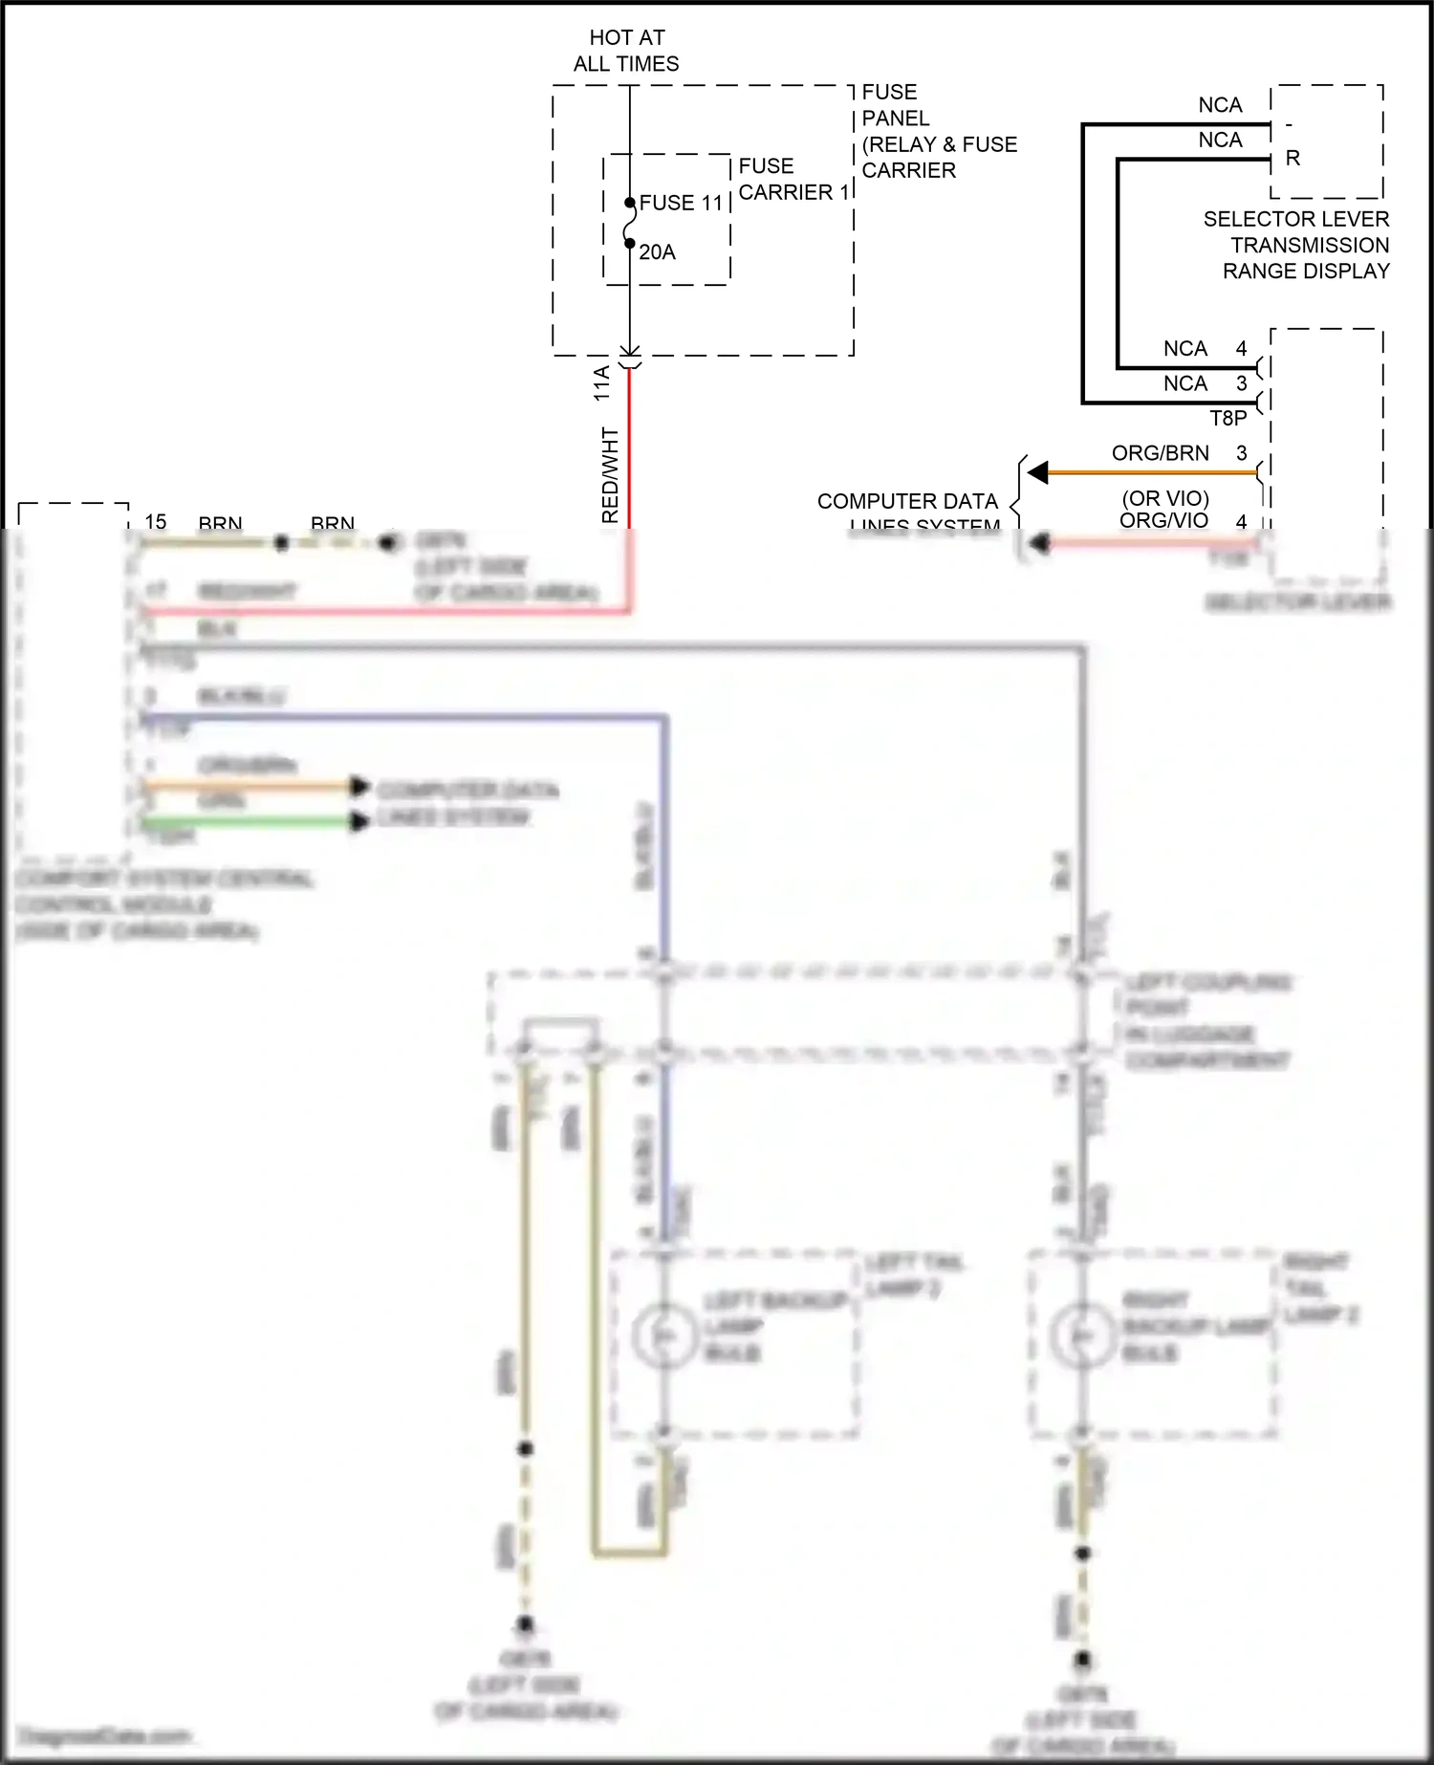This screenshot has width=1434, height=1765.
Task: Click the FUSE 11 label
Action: tap(681, 203)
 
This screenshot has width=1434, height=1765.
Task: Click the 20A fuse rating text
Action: tap(657, 252)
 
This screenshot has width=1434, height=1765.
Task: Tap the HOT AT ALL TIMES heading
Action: tap(626, 51)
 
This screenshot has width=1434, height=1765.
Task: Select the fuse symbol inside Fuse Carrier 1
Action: tap(629, 224)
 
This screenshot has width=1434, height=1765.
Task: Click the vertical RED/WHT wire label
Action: tap(610, 475)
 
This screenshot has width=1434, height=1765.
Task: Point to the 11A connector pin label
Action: tap(601, 382)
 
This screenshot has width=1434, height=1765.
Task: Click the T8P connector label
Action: tap(1228, 419)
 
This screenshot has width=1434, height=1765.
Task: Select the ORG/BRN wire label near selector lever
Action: tap(1160, 453)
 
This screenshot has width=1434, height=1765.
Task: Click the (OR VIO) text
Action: tap(1165, 498)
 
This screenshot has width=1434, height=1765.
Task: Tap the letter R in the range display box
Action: tap(1293, 159)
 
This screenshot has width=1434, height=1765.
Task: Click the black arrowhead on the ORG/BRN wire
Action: tap(1038, 472)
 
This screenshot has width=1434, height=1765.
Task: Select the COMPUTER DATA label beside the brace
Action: tap(907, 501)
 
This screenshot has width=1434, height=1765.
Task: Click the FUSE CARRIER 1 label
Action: tap(793, 180)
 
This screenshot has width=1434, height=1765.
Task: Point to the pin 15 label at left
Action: tap(156, 522)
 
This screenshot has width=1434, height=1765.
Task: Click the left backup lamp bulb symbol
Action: tap(663, 1336)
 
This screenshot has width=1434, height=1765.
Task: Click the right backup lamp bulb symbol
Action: tap(1081, 1336)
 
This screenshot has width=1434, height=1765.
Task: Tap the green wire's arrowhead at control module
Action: tap(358, 821)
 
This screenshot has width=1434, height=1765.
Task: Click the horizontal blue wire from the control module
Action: tap(402, 716)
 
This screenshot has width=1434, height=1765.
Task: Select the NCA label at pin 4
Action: tap(1185, 349)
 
